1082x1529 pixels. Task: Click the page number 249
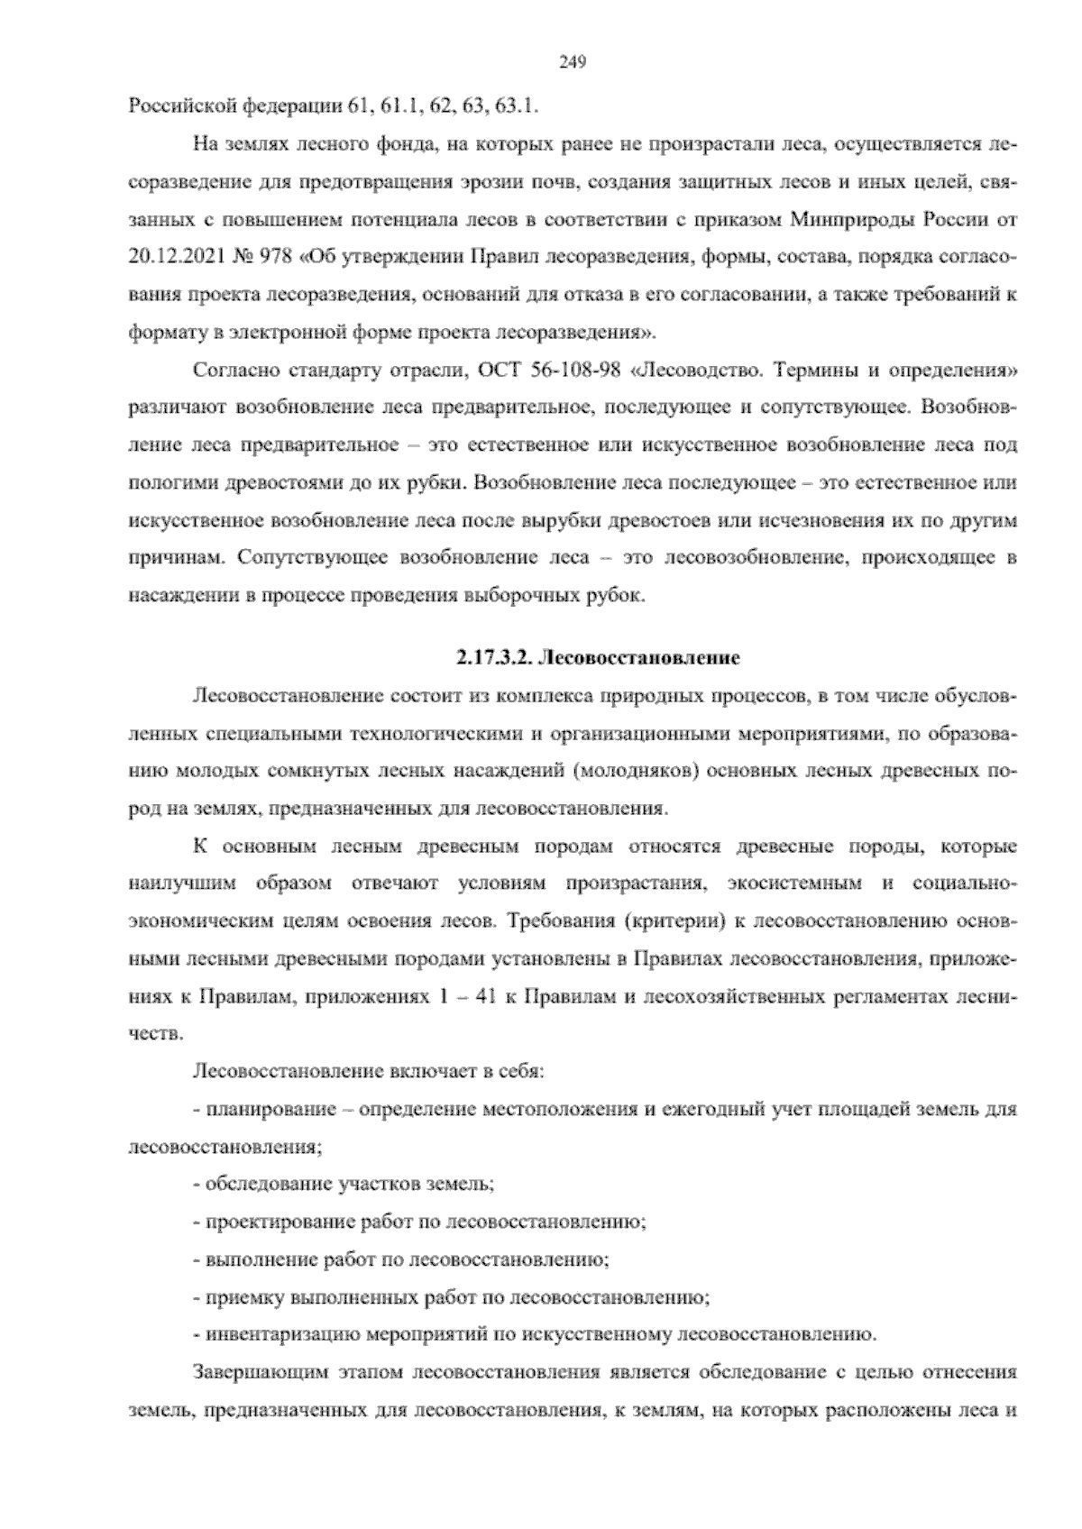click(x=573, y=61)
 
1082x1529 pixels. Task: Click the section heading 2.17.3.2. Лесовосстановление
click(x=598, y=658)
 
